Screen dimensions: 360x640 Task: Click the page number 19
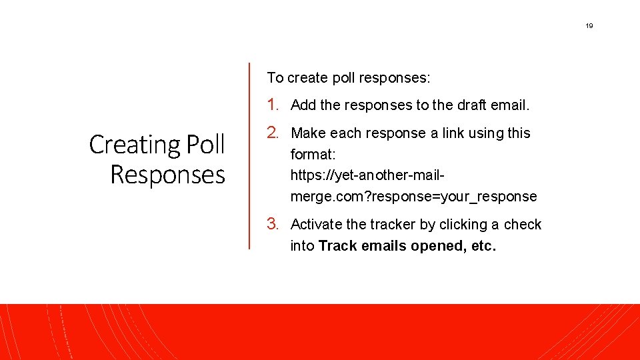pos(589,26)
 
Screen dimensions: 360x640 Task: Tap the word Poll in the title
pos(205,145)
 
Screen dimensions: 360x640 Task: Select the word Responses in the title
pos(167,175)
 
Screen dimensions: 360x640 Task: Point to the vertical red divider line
pos(249,156)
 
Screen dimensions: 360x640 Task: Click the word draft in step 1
pos(472,105)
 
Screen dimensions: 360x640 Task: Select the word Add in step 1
pos(303,105)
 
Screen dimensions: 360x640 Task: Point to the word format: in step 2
pos(313,155)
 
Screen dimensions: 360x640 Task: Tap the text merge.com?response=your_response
pos(413,197)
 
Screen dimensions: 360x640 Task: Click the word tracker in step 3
pos(389,225)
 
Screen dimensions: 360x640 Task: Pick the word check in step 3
pos(523,225)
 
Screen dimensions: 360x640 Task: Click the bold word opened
pos(437,246)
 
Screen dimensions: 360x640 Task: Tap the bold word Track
pos(337,246)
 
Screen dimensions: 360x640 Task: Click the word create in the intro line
pos(310,78)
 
